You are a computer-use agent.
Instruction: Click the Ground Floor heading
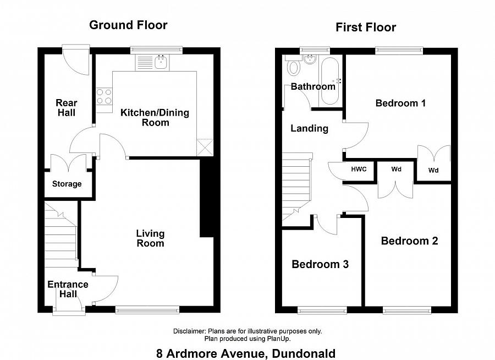(128, 25)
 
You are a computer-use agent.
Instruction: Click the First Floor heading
(366, 28)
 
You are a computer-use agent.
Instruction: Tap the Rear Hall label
(67, 107)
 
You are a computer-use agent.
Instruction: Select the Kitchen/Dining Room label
(155, 117)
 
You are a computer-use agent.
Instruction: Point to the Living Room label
(150, 238)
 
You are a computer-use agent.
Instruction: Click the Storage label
(67, 184)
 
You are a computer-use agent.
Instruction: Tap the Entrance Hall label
(68, 290)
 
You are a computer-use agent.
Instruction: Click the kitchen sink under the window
(161, 62)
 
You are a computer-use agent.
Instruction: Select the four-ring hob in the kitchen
(103, 97)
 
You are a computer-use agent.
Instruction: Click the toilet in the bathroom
(294, 68)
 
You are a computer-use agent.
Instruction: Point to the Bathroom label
(313, 86)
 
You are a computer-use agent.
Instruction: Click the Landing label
(309, 128)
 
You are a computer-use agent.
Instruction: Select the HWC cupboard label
(359, 169)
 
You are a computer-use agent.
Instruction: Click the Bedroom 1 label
(400, 103)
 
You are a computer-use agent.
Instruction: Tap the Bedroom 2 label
(409, 241)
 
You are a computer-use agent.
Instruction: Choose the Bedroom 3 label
(320, 264)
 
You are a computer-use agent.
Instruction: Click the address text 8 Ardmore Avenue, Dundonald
(246, 353)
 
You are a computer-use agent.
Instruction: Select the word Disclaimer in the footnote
(189, 331)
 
